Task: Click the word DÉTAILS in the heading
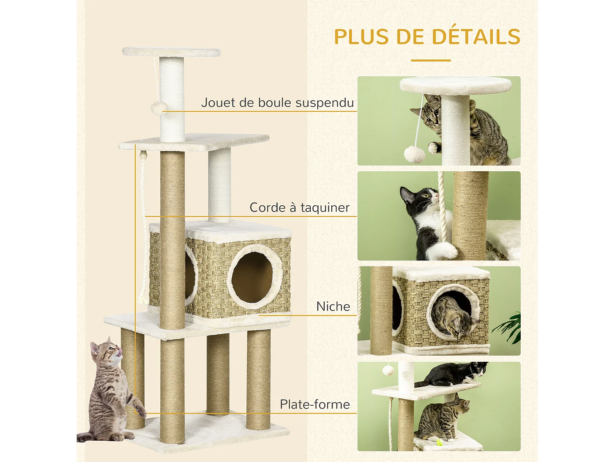point(476,37)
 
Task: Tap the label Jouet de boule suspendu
point(277,103)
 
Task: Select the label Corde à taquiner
point(299,208)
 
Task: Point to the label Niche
point(333,307)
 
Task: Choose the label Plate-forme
point(314,405)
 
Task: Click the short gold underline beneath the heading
point(430,60)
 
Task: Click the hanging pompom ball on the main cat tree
point(159,108)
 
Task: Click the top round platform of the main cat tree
point(171,52)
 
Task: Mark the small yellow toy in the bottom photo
point(440,442)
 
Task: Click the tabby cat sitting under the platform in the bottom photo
point(441,419)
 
